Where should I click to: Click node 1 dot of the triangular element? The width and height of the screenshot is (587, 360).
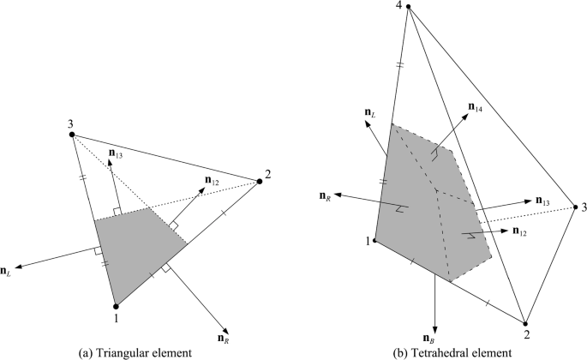(115, 304)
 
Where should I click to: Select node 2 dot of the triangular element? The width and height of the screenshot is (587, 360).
(259, 182)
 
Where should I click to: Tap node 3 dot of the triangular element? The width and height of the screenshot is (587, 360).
(72, 135)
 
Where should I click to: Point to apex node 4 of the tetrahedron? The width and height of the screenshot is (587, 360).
(410, 8)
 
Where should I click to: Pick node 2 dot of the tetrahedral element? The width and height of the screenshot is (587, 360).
(525, 323)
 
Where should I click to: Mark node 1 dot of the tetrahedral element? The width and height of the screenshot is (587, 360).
(375, 241)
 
